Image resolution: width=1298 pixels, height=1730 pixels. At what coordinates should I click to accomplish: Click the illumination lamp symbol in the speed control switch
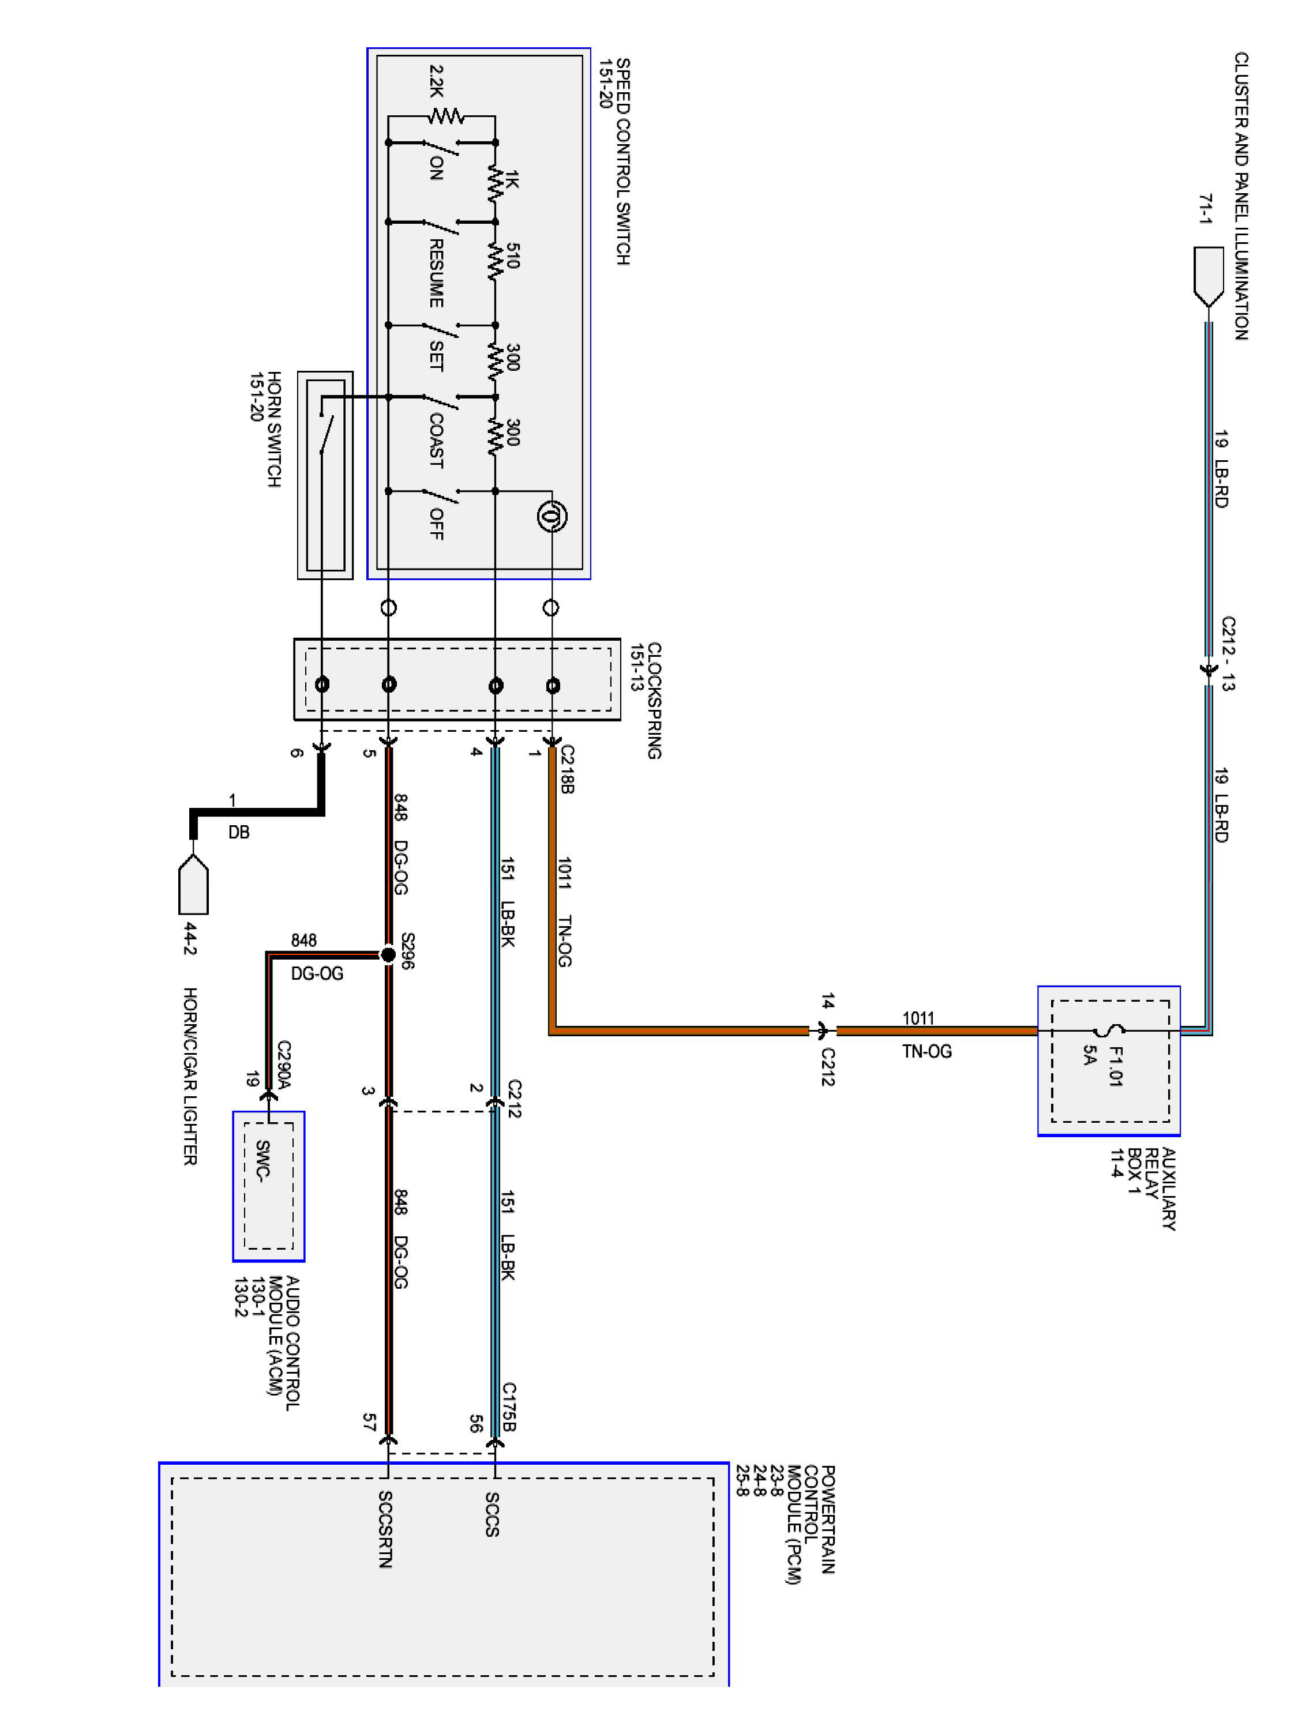pyautogui.click(x=552, y=516)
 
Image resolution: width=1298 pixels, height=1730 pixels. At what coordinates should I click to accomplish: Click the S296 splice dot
pyautogui.click(x=388, y=954)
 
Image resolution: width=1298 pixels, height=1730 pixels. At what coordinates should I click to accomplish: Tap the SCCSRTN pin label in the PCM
pyautogui.click(x=385, y=1529)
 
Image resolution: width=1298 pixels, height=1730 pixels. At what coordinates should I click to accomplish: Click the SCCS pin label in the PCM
pyautogui.click(x=492, y=1514)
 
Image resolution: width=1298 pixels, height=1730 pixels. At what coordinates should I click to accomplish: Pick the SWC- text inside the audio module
pyautogui.click(x=263, y=1161)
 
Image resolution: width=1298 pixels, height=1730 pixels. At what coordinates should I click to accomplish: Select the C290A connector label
pyautogui.click(x=284, y=1065)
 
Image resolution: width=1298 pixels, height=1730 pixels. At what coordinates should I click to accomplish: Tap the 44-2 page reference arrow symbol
pyautogui.click(x=194, y=885)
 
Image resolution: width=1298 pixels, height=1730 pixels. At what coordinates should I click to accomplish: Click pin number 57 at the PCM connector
pyautogui.click(x=369, y=1422)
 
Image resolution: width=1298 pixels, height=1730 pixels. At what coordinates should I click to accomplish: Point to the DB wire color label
pyautogui.click(x=239, y=832)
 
